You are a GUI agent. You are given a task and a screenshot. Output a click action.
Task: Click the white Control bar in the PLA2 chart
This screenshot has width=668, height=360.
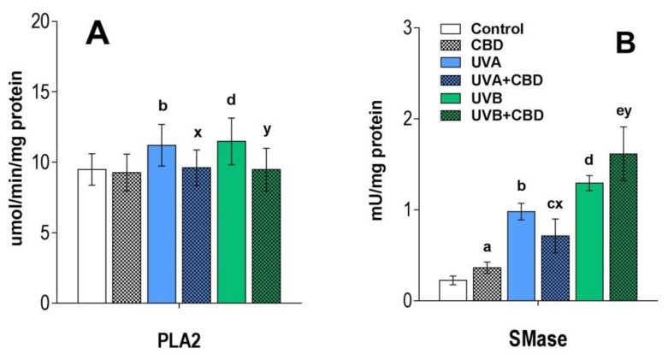(92, 236)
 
